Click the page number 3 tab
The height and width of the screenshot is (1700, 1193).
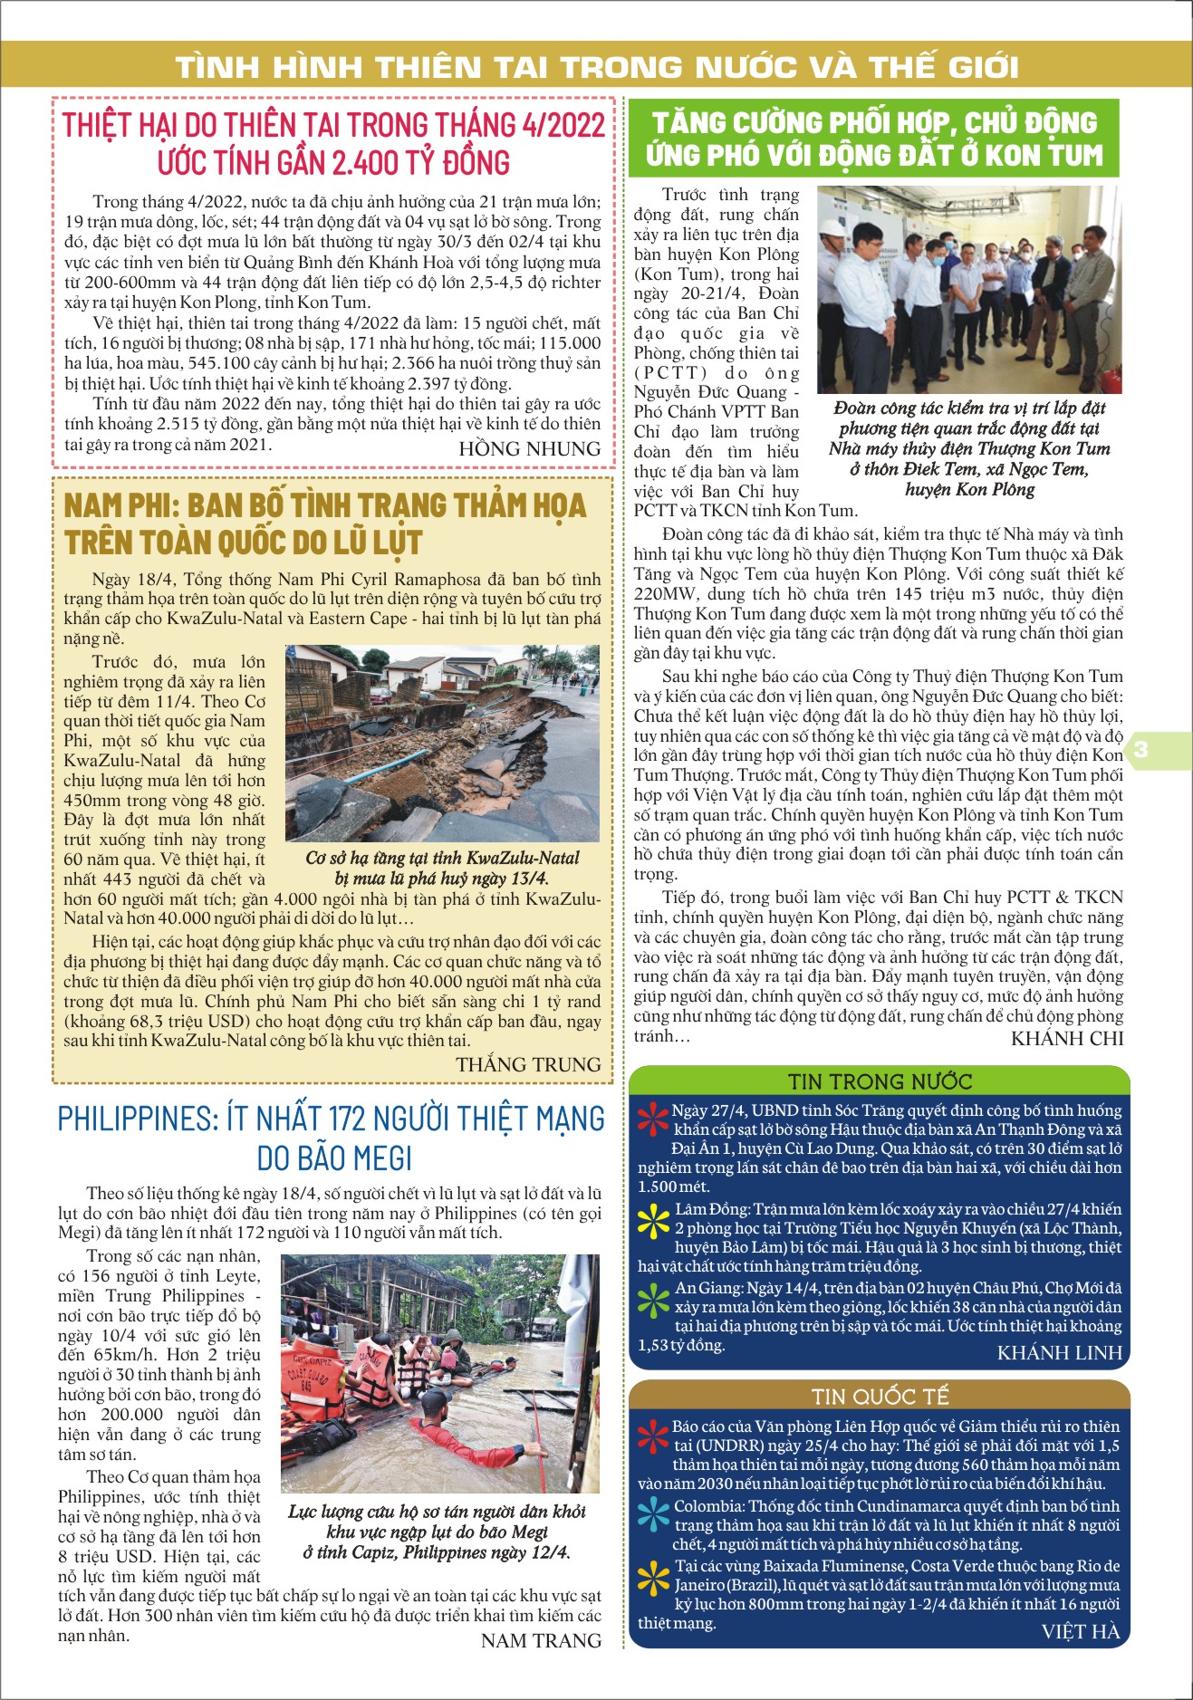point(1140,749)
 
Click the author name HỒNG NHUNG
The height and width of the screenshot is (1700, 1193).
point(529,449)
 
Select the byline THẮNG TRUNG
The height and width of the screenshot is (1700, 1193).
point(528,1064)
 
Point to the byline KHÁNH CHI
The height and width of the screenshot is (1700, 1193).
point(1066,1039)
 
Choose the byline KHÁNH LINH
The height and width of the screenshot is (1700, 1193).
point(1059,1353)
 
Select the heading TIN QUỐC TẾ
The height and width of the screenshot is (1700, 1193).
point(880,1397)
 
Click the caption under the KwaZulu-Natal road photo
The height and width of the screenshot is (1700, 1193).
point(442,868)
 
